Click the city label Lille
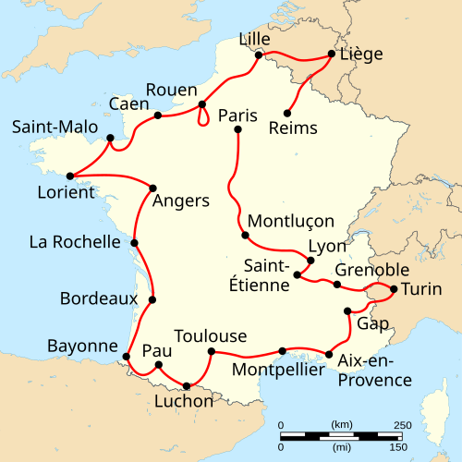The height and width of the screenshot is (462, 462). [256, 38]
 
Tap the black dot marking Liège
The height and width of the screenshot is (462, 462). [331, 55]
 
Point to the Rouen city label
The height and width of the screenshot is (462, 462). [172, 90]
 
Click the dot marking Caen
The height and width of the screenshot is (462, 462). [158, 115]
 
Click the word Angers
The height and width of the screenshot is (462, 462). [181, 201]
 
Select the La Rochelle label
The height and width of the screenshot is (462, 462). [74, 242]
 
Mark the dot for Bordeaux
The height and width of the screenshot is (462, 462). [152, 299]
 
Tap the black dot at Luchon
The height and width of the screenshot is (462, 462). [188, 385]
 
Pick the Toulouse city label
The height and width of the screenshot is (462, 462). [211, 334]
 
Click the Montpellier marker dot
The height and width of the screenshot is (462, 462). [282, 351]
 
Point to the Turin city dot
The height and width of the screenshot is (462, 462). [395, 289]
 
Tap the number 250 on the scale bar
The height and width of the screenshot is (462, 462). [403, 425]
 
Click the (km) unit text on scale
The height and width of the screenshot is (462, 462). [341, 425]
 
